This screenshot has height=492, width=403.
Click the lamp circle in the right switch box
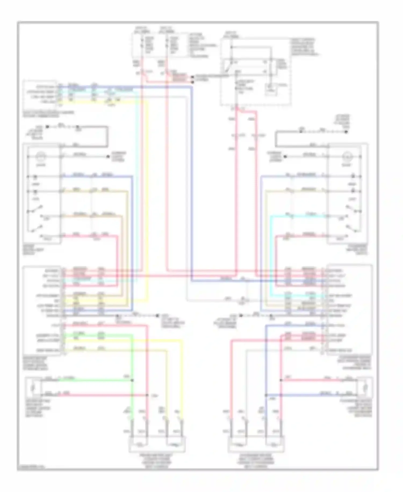click(x=346, y=156)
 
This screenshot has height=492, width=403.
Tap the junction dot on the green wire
click(x=132, y=380)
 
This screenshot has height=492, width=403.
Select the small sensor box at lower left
click(x=33, y=388)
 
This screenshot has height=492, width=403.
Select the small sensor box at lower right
click(x=365, y=388)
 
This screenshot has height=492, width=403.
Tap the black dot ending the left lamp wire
click(x=108, y=156)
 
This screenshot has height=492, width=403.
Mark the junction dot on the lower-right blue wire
click(x=265, y=395)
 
